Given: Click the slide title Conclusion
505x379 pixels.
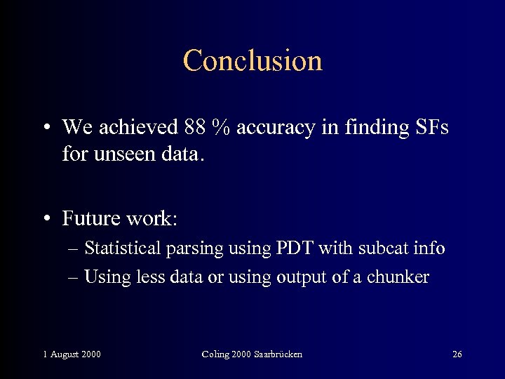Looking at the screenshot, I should [x=252, y=60].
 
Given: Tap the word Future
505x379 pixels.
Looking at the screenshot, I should [x=90, y=218].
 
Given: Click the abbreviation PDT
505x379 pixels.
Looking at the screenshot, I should [x=295, y=248].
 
